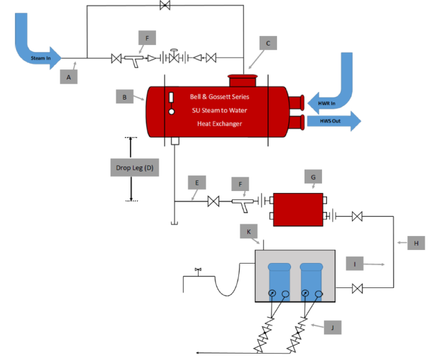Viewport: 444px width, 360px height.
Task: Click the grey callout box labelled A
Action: pos(69,77)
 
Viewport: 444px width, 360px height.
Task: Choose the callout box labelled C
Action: pos(268,44)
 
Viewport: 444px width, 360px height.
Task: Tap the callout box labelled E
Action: pos(197,183)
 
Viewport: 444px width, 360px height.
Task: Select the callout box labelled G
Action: pos(313,177)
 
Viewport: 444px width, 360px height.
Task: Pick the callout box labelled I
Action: pos(354,264)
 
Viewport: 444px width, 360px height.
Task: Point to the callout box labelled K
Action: pos(247,231)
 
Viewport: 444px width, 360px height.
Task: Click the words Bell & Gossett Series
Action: pos(219,97)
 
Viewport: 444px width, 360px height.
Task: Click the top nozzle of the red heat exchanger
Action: pos(242,82)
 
